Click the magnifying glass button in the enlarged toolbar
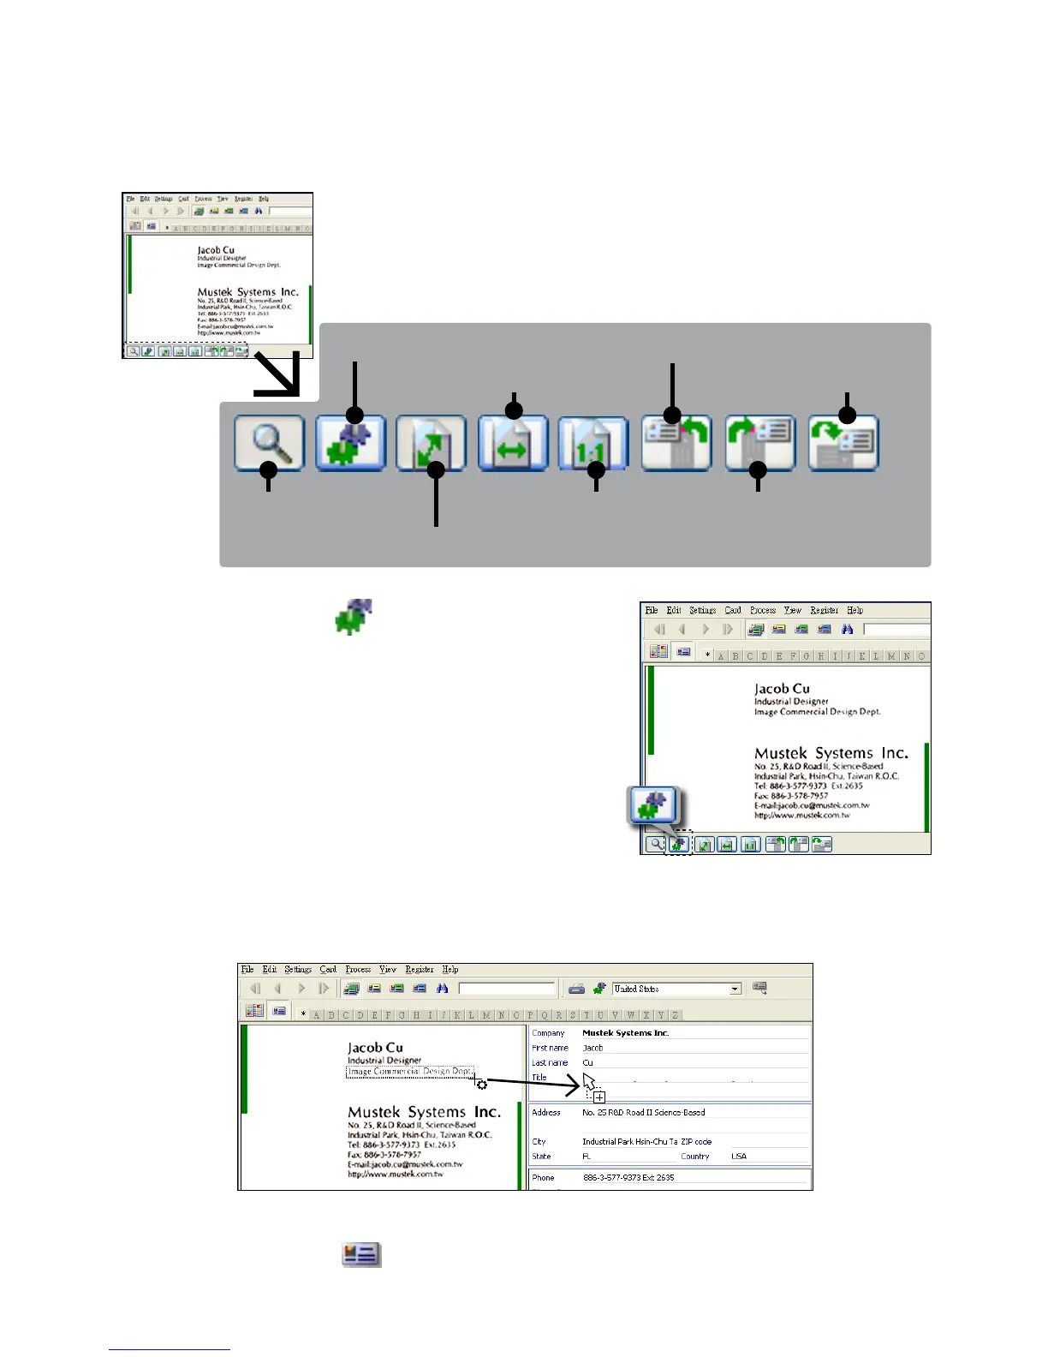tap(269, 443)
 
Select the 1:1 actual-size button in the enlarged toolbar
tap(593, 443)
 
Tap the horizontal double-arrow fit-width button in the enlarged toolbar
tap(512, 443)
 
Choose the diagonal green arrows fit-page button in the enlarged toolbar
tap(431, 443)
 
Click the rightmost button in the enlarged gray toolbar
tap(843, 443)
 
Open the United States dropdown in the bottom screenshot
tap(735, 989)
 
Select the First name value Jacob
tap(592, 1048)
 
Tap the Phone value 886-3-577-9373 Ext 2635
tap(628, 1178)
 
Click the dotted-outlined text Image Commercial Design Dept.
tap(409, 1072)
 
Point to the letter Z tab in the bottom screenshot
tap(676, 1015)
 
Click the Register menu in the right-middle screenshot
tap(824, 611)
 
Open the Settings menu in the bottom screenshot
tap(298, 970)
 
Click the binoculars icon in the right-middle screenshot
tap(847, 630)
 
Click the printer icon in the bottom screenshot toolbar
tap(576, 989)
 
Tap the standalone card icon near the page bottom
tap(361, 1255)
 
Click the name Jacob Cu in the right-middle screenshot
tap(782, 689)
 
